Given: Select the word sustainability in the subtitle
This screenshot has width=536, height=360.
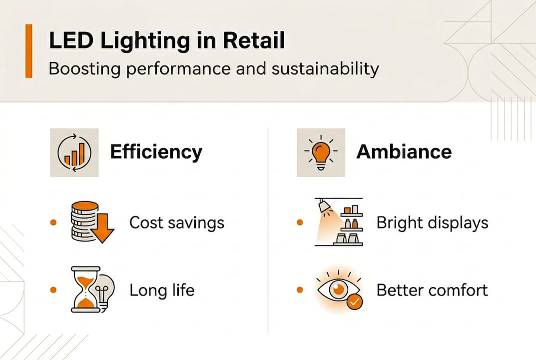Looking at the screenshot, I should click(325, 68).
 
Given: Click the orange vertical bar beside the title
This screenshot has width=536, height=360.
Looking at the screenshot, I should click(28, 50).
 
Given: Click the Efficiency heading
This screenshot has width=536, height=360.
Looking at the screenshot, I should click(156, 151).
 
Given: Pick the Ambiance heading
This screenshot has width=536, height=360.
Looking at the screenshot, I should click(404, 151).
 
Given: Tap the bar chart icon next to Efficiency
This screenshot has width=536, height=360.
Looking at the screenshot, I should click(74, 152).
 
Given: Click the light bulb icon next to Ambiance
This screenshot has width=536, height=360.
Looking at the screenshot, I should click(321, 152).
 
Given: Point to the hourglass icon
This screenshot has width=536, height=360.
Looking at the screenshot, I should click(84, 289).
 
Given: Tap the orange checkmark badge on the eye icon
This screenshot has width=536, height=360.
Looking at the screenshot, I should click(355, 302).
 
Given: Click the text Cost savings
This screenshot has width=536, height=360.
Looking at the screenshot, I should click(177, 222).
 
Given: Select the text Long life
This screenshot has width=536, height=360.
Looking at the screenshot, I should click(162, 290).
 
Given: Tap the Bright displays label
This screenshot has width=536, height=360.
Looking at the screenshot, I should click(432, 222).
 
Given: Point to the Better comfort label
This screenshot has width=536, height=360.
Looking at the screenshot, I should click(432, 290).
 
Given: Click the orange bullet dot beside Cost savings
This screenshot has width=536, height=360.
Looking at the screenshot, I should click(53, 222).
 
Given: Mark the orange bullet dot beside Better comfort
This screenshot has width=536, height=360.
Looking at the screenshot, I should click(300, 290).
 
